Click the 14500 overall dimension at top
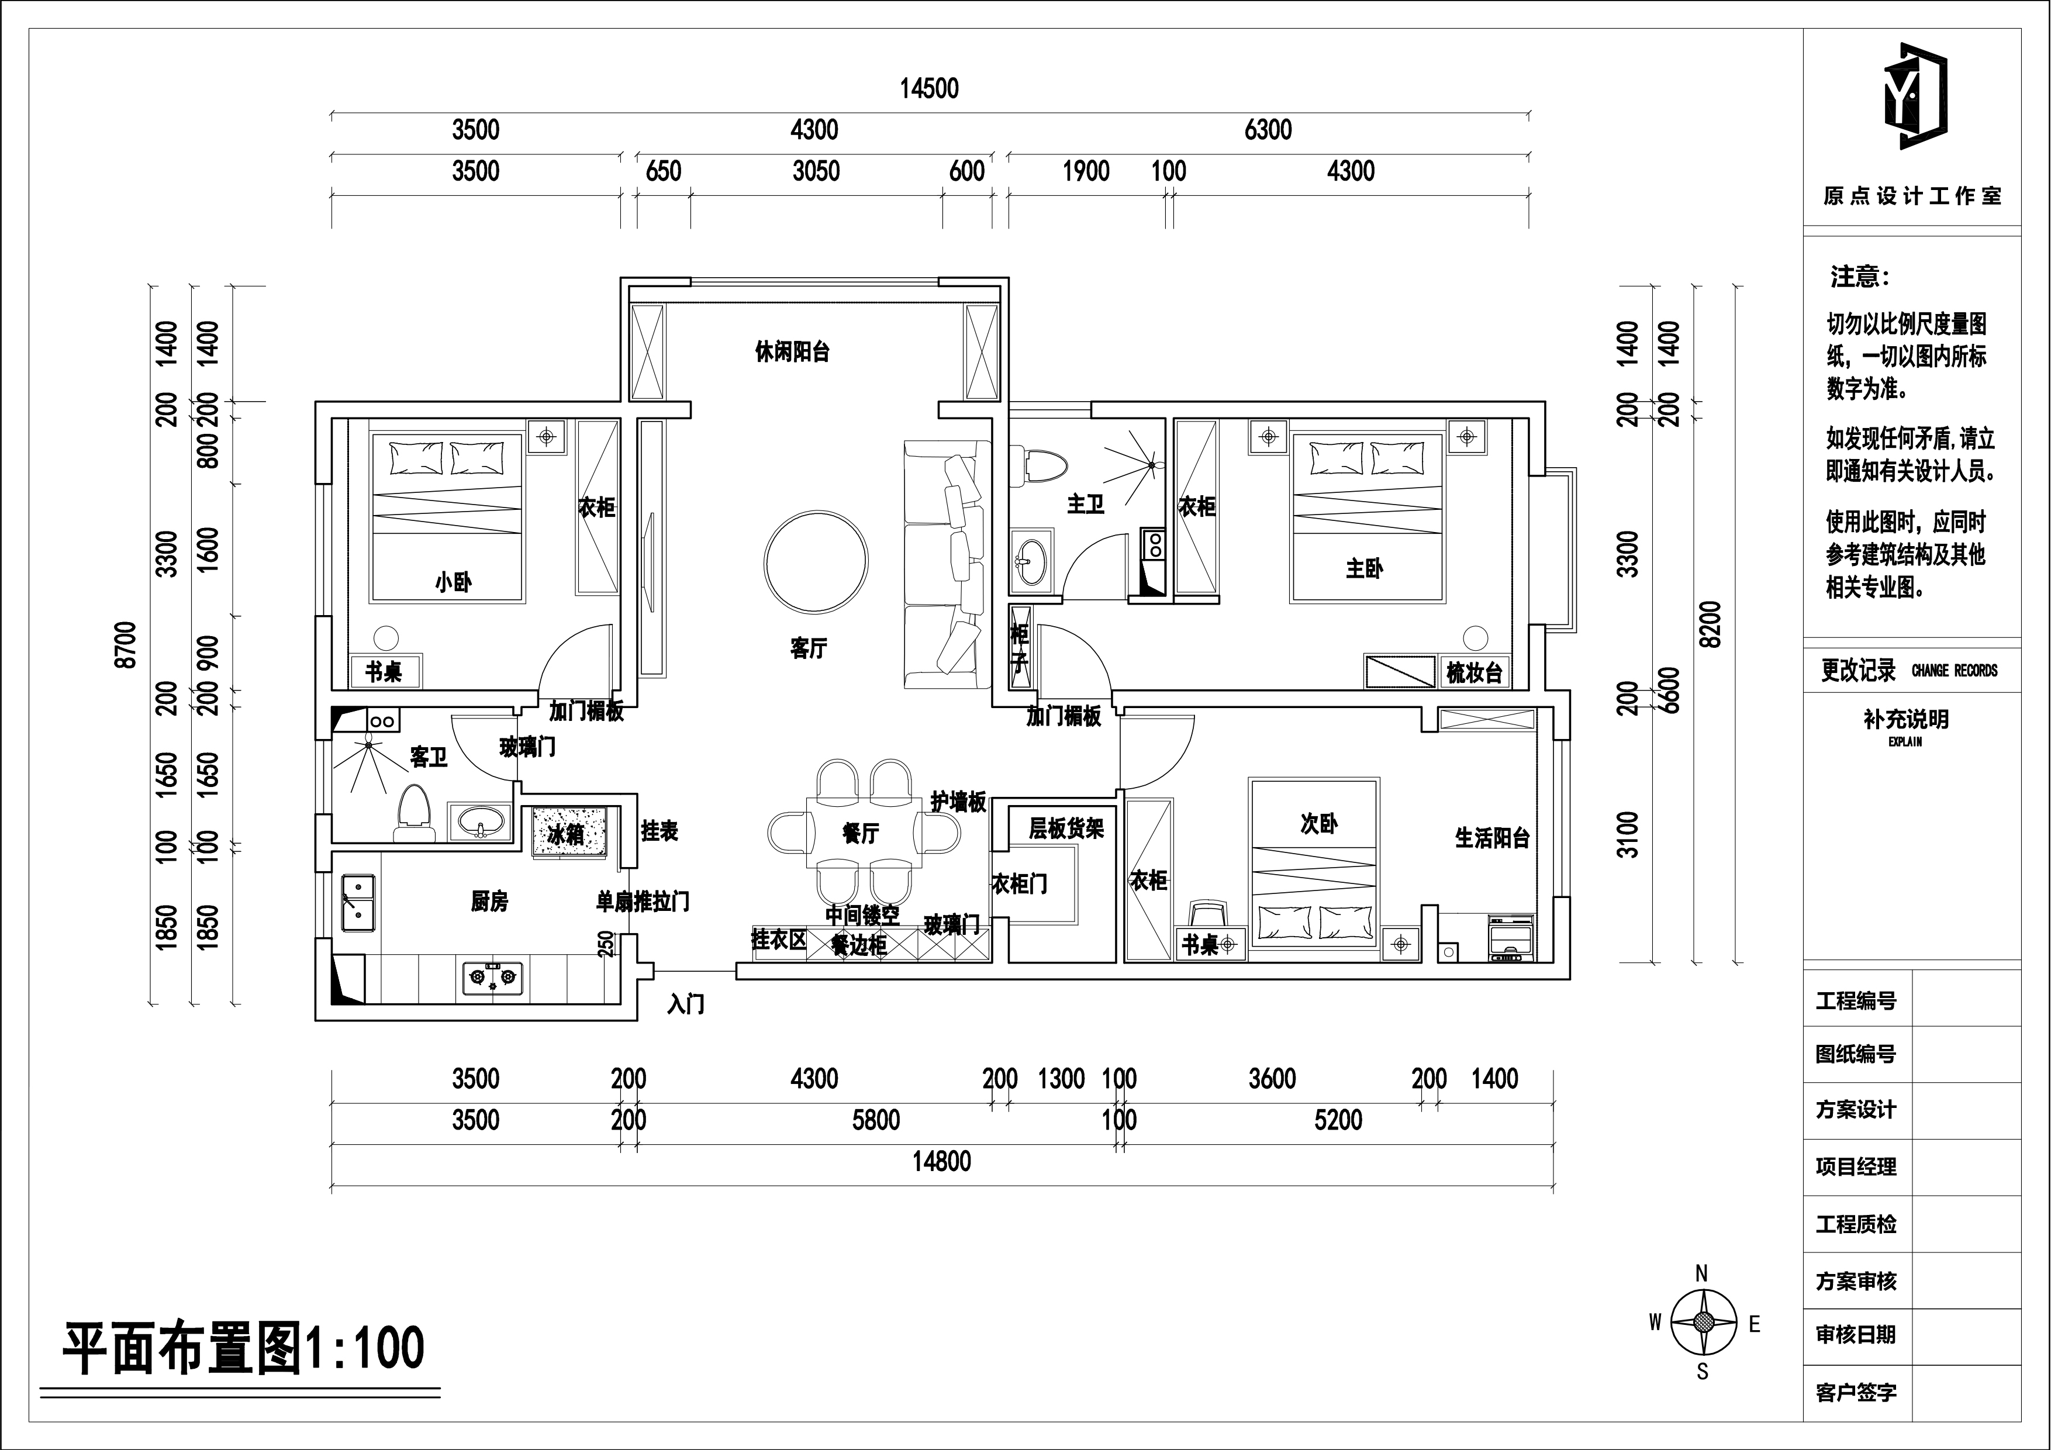tap(929, 88)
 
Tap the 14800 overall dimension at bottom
tap(941, 1161)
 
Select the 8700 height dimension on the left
tap(126, 644)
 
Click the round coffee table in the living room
tap(816, 562)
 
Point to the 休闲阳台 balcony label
tap(792, 352)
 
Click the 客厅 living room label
tap(809, 648)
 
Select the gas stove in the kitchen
tap(493, 978)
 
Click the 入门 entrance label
tap(686, 1004)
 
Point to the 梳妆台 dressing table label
tap(1474, 673)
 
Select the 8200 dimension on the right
tap(1709, 624)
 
